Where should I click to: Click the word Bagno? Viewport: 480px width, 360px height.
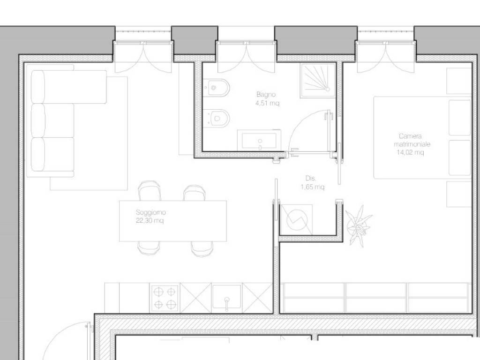[266, 95]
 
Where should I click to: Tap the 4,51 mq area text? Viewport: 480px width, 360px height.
[268, 103]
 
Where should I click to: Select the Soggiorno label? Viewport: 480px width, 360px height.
[150, 212]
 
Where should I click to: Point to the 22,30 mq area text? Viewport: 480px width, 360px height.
[150, 220]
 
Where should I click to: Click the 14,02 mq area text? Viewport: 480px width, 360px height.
[411, 152]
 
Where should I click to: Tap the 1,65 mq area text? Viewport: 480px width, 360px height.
[313, 187]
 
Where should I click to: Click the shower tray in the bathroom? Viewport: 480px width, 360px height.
[318, 81]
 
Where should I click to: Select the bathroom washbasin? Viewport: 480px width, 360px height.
[259, 140]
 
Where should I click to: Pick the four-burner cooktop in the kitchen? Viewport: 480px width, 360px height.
[165, 298]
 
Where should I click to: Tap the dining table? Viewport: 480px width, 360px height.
[173, 221]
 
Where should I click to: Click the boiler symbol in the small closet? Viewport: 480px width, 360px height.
[297, 220]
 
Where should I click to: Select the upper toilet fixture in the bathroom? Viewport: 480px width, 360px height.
[217, 88]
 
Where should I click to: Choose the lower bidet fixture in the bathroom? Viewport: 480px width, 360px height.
[217, 118]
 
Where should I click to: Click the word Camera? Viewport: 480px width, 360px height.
[410, 136]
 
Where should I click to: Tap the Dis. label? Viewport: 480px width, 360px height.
[311, 178]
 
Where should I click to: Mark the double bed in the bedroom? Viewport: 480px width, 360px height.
[422, 138]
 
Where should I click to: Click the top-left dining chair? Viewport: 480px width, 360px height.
[150, 191]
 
